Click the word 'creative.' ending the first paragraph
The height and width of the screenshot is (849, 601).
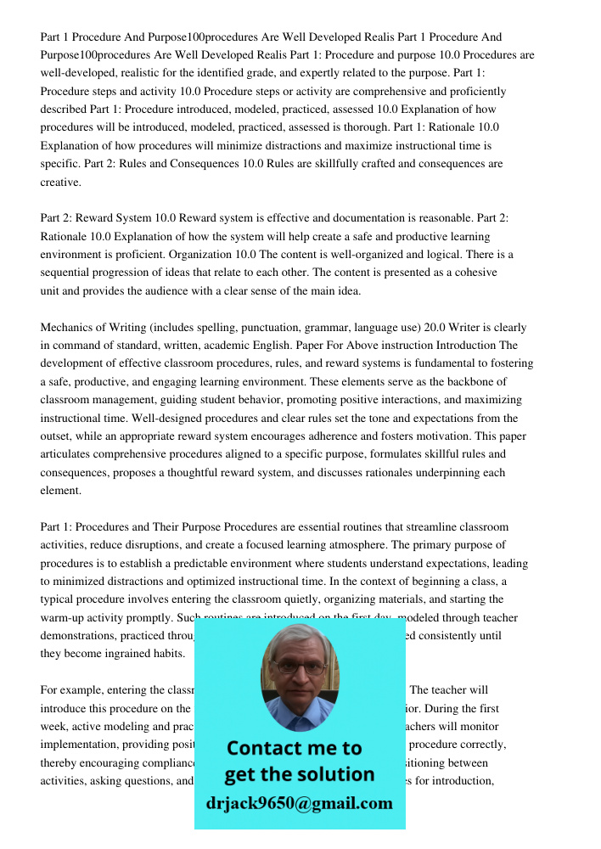point(61,182)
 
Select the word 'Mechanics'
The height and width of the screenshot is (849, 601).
point(68,327)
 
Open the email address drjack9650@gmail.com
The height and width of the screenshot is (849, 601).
point(299,803)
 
